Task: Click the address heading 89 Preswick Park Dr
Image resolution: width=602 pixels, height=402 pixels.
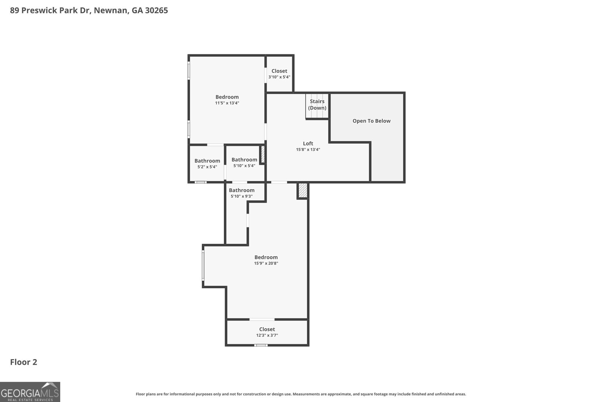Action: [89, 11]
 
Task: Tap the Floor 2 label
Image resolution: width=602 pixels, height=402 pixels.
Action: [23, 362]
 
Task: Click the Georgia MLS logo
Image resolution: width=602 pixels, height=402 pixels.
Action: [30, 392]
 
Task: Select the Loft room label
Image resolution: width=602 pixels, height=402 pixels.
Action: [308, 143]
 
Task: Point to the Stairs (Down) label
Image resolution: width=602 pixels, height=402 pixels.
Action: [317, 104]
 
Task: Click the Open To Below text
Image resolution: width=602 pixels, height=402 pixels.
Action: [371, 121]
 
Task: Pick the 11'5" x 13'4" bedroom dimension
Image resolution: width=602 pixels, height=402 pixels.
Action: [227, 103]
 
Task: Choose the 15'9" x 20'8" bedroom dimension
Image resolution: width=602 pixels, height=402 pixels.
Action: [266, 263]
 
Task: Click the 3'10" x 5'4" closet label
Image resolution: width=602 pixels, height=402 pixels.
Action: [279, 77]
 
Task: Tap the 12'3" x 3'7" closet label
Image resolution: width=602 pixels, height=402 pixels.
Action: [267, 335]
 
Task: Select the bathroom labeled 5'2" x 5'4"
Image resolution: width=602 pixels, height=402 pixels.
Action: [207, 164]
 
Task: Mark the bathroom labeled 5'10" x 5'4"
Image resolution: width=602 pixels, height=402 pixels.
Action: [244, 163]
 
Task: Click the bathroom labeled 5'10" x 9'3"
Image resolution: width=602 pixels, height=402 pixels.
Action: [242, 193]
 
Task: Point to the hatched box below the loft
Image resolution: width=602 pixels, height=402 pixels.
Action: [303, 191]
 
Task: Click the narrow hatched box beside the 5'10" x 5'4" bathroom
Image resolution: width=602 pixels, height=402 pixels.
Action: [263, 154]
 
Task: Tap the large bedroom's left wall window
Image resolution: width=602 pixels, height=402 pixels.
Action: [203, 266]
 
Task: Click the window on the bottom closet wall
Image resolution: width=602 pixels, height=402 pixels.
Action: [261, 345]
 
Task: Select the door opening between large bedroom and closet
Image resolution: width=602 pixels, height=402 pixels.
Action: [262, 319]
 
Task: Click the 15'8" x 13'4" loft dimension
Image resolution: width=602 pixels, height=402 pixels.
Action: [308, 150]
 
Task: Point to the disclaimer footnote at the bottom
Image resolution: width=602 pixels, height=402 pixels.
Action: [301, 394]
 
